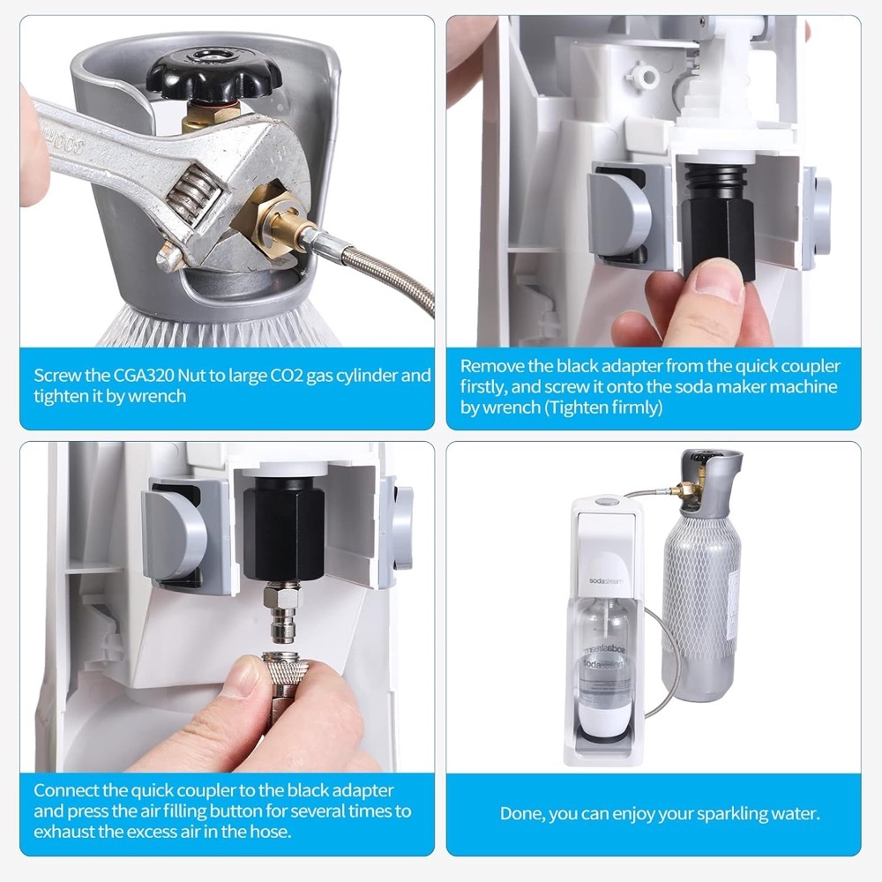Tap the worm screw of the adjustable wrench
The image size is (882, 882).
(x=193, y=191)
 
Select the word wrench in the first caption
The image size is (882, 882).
(x=157, y=397)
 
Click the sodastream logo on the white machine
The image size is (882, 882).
(x=606, y=580)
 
